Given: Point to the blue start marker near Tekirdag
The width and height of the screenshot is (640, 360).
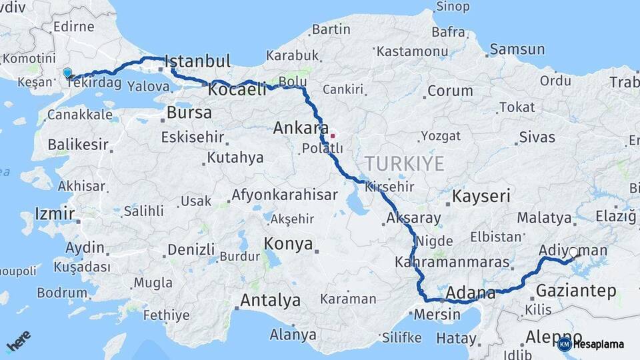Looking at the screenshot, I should click(x=67, y=73).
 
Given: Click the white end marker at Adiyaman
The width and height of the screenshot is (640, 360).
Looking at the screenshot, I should click(x=573, y=252).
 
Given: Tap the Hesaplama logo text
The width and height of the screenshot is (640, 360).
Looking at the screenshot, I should click(x=598, y=345).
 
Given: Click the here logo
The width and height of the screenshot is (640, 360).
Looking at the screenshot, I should click(x=18, y=344).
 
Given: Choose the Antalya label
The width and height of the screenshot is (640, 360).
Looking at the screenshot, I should click(x=270, y=301).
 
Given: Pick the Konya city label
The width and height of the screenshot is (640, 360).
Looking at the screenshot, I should click(x=288, y=244).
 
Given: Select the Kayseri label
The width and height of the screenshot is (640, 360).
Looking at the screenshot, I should click(x=481, y=196).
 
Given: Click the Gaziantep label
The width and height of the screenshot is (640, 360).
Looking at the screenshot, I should click(x=576, y=291).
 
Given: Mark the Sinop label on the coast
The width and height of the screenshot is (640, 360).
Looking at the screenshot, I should click(x=452, y=7).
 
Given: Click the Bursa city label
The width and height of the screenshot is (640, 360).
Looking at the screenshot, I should click(x=189, y=112).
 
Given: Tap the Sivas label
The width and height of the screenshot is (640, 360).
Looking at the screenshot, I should click(x=537, y=137).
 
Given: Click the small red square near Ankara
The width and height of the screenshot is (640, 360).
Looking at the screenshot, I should click(x=333, y=135).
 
